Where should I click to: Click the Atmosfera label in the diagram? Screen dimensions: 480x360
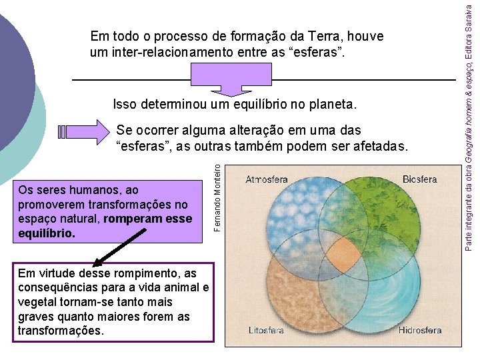[x=267, y=179]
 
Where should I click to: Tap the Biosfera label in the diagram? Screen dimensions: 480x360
[x=419, y=179]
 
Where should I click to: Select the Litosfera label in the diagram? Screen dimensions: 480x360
[x=266, y=330]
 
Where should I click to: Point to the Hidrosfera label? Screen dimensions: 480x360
[x=420, y=330]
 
